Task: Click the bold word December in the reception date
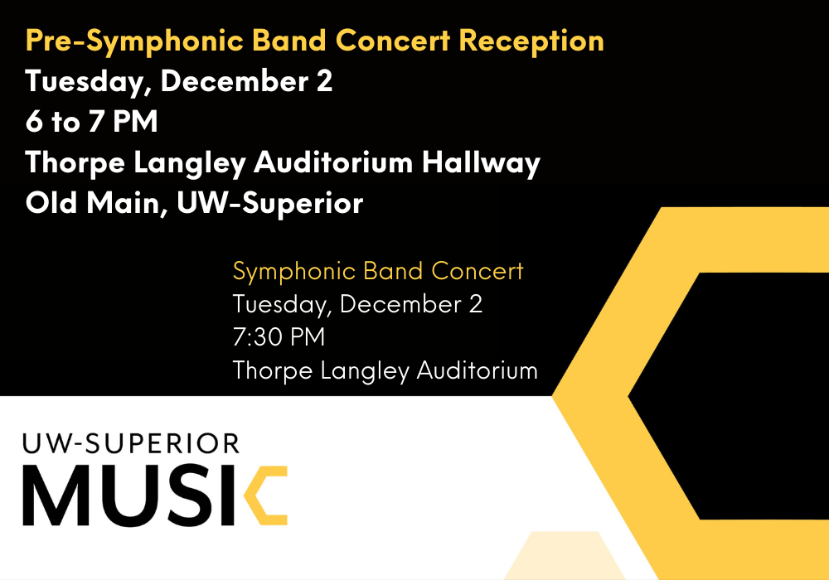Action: click(235, 82)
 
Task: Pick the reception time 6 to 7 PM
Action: click(91, 123)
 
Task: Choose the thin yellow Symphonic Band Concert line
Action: click(378, 271)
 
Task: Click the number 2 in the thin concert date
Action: click(475, 304)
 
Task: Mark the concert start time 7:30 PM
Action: click(279, 337)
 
